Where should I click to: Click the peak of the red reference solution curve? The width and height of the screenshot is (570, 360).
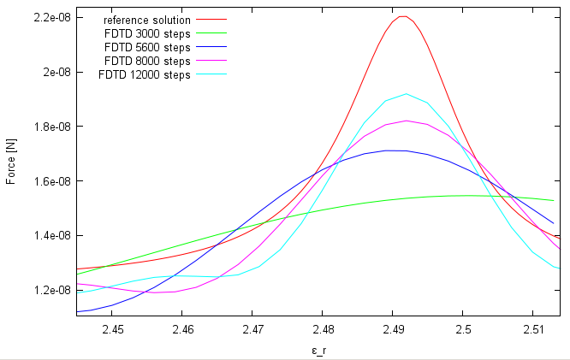[x=403, y=16]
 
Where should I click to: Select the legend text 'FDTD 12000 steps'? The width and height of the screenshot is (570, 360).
[x=145, y=74]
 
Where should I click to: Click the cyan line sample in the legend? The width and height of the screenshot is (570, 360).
[x=211, y=74]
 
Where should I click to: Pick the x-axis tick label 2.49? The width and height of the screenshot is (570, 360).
[x=393, y=329]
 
